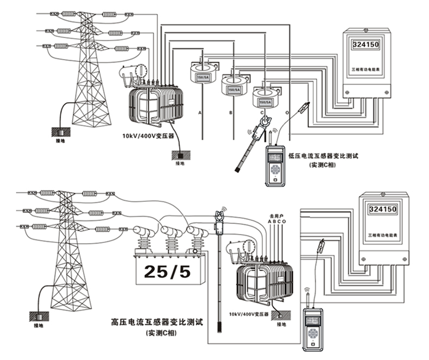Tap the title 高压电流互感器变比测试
click(156, 322)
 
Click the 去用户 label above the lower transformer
click(275, 216)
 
